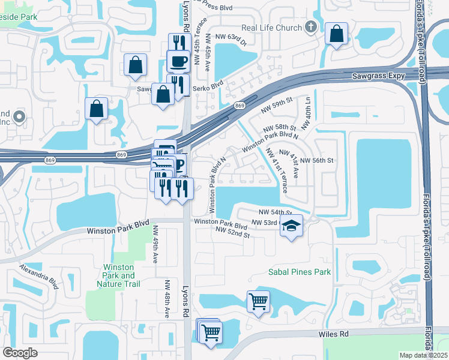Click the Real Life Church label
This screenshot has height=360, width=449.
[x=270, y=28]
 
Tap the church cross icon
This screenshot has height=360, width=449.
[x=310, y=27]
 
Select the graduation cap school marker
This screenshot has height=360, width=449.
[x=292, y=226]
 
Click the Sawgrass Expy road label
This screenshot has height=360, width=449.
[x=385, y=76]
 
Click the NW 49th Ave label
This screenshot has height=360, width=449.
[x=155, y=244]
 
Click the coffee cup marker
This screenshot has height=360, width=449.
[x=178, y=61]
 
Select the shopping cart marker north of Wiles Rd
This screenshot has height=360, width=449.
[x=258, y=301]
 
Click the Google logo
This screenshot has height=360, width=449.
[x=20, y=353]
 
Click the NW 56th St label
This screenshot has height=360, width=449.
[x=316, y=161]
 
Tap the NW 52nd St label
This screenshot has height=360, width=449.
[x=232, y=233]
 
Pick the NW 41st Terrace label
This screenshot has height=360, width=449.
[x=275, y=170]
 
